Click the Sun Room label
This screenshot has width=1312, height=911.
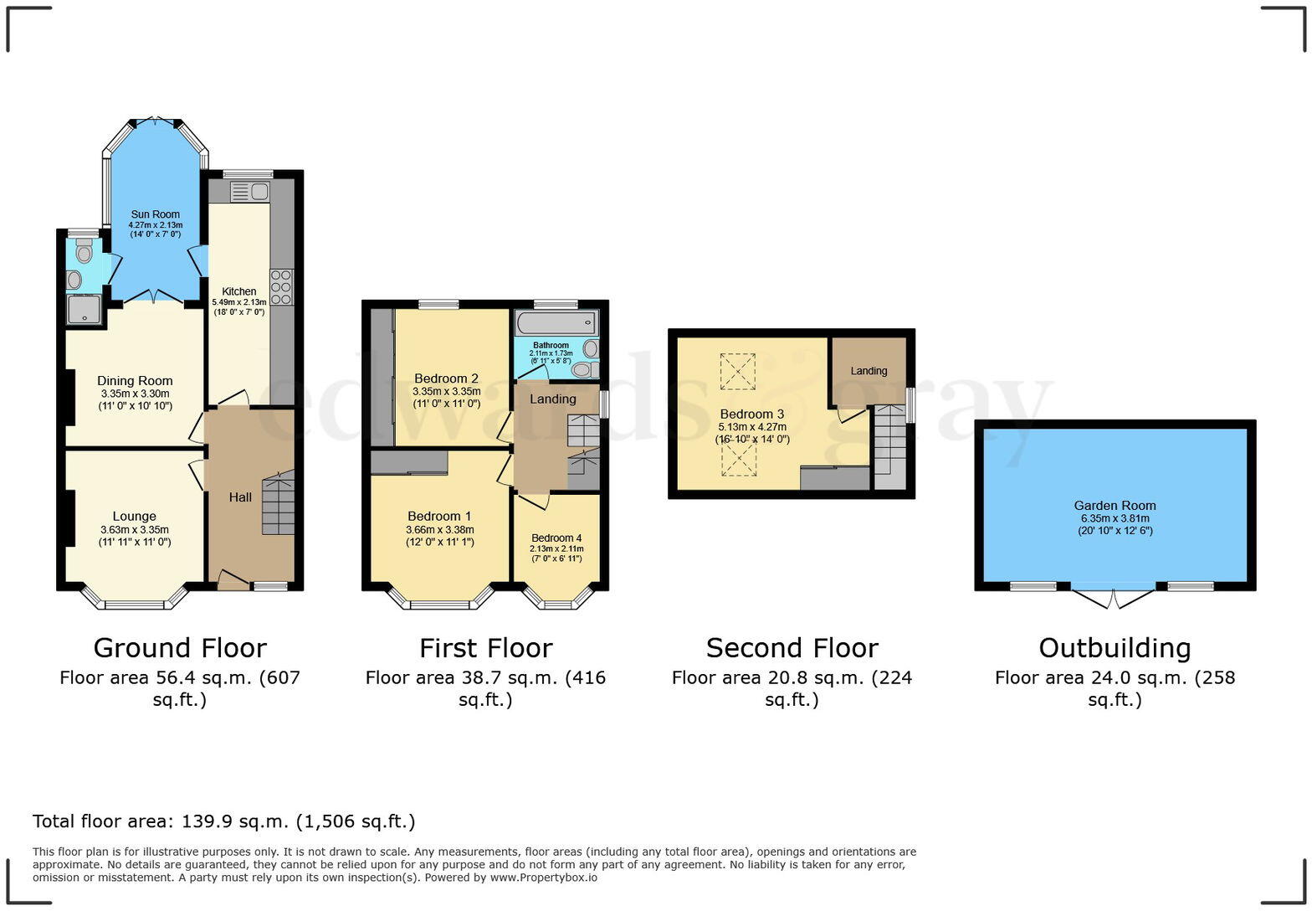pyautogui.click(x=155, y=214)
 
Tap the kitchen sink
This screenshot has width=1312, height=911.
pyautogui.click(x=249, y=192)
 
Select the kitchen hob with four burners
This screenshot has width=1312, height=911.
pyautogui.click(x=281, y=287)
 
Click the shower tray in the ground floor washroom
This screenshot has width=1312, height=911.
pyautogui.click(x=84, y=310)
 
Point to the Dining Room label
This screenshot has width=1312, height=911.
pyautogui.click(x=135, y=381)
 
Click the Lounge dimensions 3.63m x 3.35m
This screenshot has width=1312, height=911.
pyautogui.click(x=135, y=530)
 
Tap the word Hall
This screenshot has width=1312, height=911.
pyautogui.click(x=240, y=497)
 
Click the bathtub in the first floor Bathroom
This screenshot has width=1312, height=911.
pyautogui.click(x=556, y=322)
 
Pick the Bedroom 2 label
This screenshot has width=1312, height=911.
pyautogui.click(x=446, y=378)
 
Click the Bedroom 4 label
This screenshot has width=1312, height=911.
pyautogui.click(x=556, y=538)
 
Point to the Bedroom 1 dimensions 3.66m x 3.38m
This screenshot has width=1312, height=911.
pyautogui.click(x=440, y=530)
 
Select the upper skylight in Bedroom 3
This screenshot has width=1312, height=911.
pyautogui.click(x=737, y=372)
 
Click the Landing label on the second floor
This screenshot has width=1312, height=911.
pyautogui.click(x=869, y=371)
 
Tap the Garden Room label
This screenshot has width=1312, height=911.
pyautogui.click(x=1115, y=506)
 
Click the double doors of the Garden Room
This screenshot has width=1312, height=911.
pyautogui.click(x=1113, y=596)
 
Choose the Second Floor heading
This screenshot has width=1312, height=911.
pyautogui.click(x=792, y=648)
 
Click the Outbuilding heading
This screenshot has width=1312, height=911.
pyautogui.click(x=1115, y=648)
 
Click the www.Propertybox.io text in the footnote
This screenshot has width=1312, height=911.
pyautogui.click(x=543, y=878)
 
